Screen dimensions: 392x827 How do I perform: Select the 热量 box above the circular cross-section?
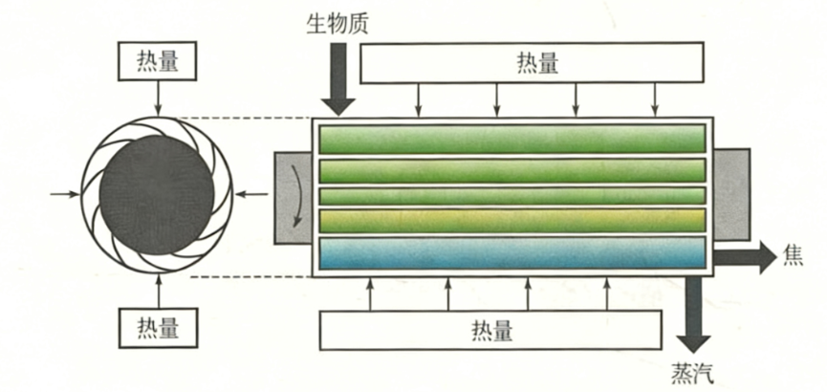click(x=158, y=61)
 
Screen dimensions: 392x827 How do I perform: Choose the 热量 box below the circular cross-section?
click(x=158, y=327)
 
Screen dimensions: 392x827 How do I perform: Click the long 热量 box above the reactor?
click(x=536, y=63)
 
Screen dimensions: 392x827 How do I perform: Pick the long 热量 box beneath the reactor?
click(x=491, y=331)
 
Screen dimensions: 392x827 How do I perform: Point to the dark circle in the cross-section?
click(x=157, y=195)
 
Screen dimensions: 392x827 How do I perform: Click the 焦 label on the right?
click(x=794, y=256)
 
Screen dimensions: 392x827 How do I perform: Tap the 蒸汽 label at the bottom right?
click(x=693, y=371)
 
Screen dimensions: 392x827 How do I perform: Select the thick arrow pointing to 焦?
click(x=746, y=256)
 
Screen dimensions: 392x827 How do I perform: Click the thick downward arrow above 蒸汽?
click(x=692, y=320)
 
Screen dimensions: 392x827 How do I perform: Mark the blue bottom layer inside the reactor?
click(x=512, y=252)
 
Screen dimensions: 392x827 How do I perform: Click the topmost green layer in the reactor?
click(x=512, y=140)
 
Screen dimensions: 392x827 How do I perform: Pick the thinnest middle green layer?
click(x=512, y=195)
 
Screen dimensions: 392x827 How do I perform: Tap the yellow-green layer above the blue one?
click(x=512, y=220)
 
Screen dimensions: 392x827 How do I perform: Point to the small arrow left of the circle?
click(x=65, y=195)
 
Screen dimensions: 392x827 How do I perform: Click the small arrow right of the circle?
click(x=251, y=195)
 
